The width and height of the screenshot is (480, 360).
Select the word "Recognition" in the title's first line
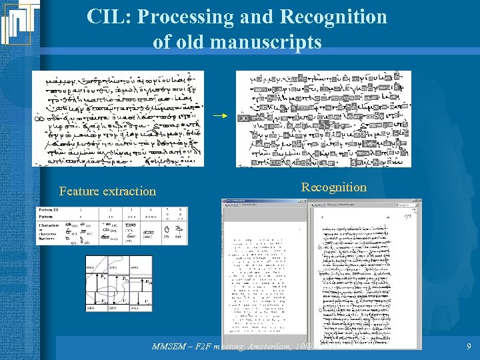[x=337, y=17]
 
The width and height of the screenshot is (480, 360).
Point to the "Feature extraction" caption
[x=107, y=191]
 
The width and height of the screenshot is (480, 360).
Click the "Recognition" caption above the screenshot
[x=333, y=187]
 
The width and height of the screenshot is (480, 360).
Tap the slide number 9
[x=469, y=347]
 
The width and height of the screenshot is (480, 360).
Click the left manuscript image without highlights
[x=119, y=118]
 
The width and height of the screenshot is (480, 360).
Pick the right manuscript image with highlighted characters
[x=323, y=118]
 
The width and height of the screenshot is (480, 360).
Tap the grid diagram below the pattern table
[x=119, y=283]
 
